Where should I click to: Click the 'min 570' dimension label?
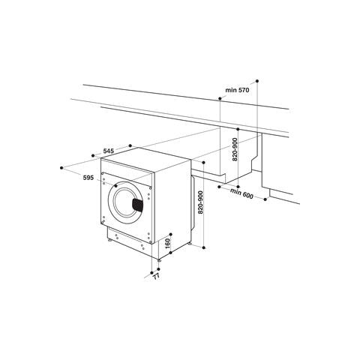(x=236, y=90)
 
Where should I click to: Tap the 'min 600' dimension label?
(x=243, y=195)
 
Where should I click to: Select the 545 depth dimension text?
(x=108, y=152)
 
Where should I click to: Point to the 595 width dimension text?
(x=88, y=177)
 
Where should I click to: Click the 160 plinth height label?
(x=169, y=244)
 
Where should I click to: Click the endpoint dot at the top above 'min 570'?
(x=257, y=79)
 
